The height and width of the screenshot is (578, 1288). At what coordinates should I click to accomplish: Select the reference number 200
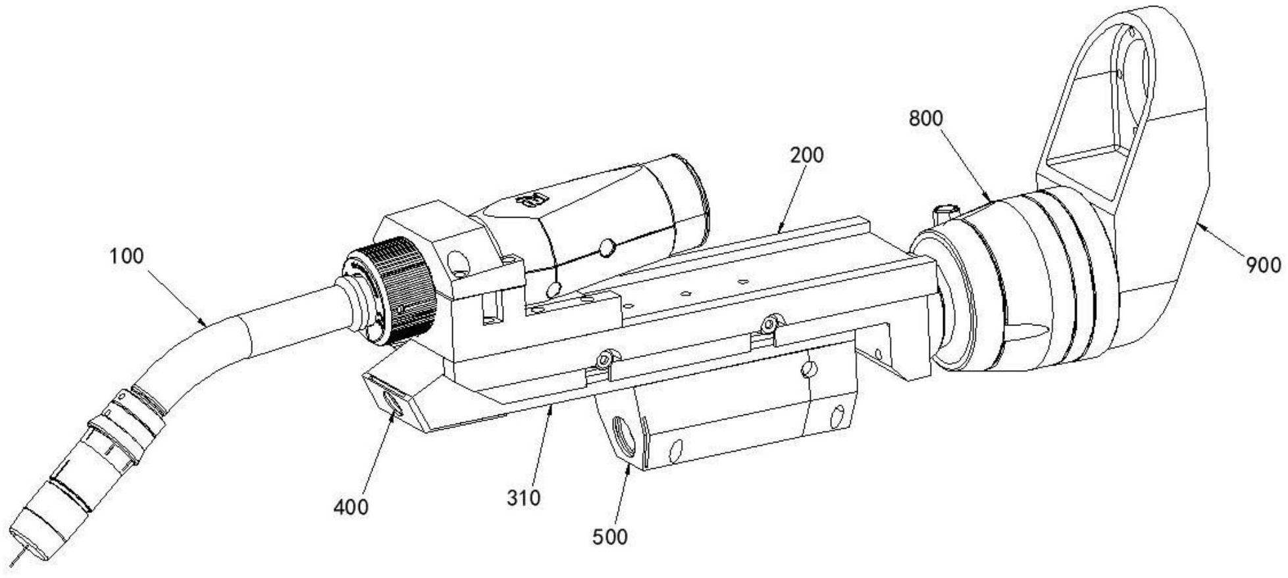coord(806,155)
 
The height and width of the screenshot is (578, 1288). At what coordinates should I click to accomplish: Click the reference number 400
coord(351,507)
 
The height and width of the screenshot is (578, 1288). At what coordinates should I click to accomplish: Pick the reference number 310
coord(523,498)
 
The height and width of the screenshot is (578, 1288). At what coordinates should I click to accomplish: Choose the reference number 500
coord(610,537)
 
